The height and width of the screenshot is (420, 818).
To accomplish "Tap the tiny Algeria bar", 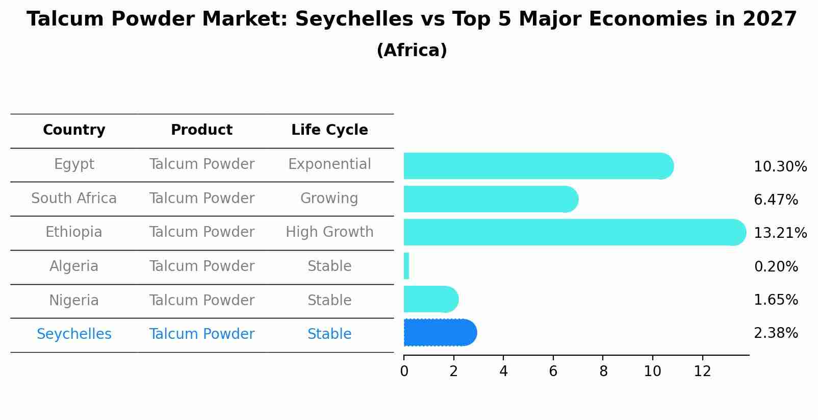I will tap(406, 266).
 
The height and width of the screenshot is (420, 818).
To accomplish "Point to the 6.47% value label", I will tap(776, 200).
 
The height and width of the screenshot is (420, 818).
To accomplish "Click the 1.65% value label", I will tap(776, 300).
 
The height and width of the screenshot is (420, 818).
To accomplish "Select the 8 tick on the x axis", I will tap(603, 372).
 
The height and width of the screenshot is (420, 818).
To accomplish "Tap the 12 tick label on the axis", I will tap(702, 372).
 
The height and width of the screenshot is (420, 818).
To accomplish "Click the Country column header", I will tap(74, 130).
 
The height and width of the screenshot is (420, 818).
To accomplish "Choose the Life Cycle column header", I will tap(329, 130).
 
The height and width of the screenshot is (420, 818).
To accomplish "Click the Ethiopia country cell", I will tap(74, 232).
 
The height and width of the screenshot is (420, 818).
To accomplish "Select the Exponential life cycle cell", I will tap(329, 164).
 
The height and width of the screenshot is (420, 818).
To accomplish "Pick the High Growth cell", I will tap(329, 232).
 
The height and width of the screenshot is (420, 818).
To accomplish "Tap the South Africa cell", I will tap(74, 199).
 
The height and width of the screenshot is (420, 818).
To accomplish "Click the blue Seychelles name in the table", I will tap(74, 334).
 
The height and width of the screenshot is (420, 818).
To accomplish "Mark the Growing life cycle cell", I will tap(329, 199).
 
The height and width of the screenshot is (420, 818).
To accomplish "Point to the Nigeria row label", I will tap(74, 301).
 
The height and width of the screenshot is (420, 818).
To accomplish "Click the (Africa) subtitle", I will tap(412, 51).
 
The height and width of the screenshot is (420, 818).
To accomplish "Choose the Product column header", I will tap(201, 130).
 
